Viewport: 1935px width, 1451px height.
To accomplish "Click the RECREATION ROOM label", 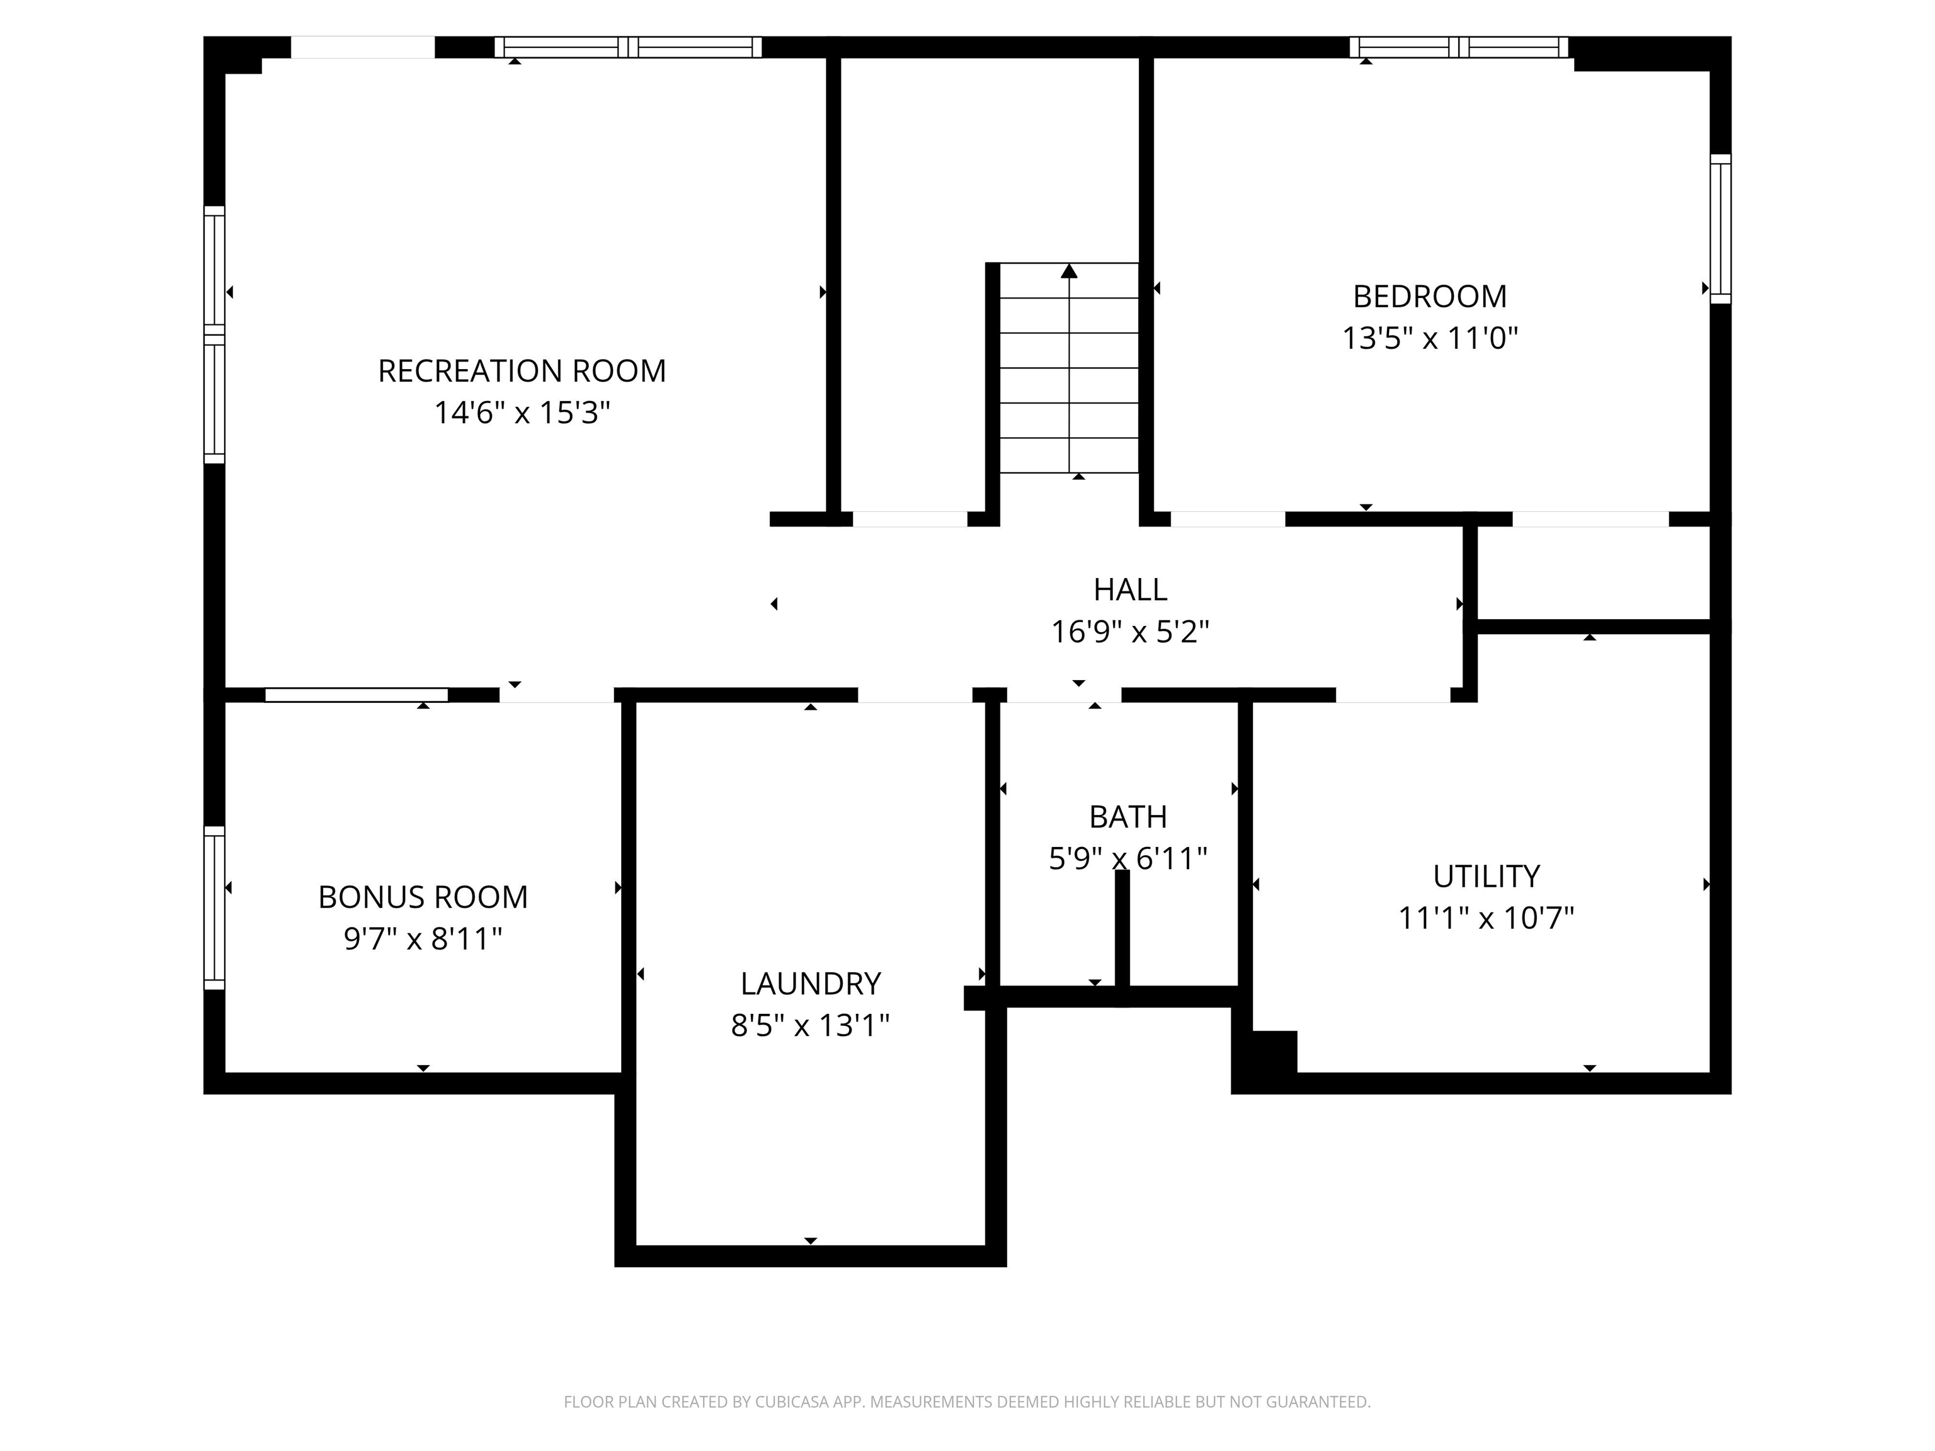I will click(x=522, y=371).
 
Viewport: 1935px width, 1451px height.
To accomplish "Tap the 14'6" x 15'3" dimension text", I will click(x=522, y=412).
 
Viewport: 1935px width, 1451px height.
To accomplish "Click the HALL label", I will click(x=1129, y=589).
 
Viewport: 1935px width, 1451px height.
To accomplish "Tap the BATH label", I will click(x=1127, y=817).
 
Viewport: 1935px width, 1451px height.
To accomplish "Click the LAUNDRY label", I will click(x=810, y=984).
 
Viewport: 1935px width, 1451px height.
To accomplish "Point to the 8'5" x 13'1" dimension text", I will click(x=810, y=1025).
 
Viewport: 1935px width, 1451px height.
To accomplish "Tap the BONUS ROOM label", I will click(x=423, y=897).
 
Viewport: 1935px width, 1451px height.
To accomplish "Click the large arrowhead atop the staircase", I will click(x=1069, y=271).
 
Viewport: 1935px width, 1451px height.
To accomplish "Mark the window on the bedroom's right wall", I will click(x=1720, y=229).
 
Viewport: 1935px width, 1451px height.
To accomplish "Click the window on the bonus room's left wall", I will click(x=214, y=908).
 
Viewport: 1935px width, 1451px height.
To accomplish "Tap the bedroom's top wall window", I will click(x=1458, y=47).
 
